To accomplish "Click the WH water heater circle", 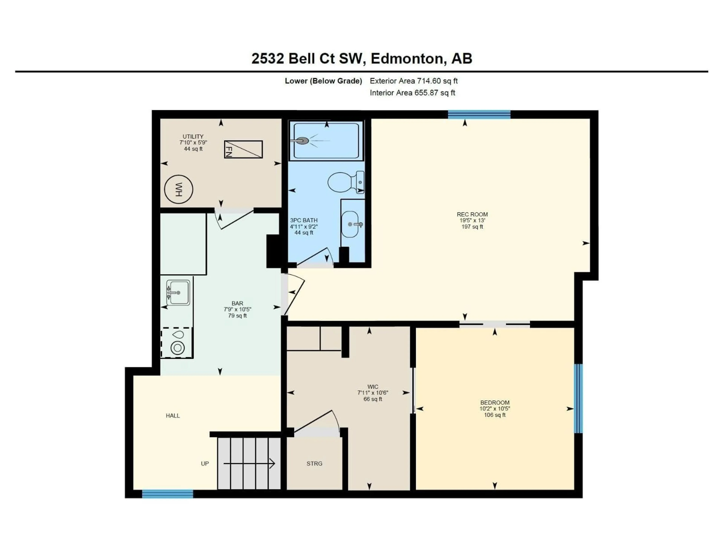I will click(178, 189).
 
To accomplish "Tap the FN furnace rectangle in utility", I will click(243, 150).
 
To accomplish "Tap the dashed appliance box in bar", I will click(177, 343).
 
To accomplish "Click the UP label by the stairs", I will click(205, 463).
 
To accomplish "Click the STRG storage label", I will click(314, 463).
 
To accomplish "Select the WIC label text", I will click(373, 387).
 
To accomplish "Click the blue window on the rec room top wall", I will click(479, 114).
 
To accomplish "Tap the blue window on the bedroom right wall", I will click(578, 399).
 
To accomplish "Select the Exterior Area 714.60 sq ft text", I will click(413, 81).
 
